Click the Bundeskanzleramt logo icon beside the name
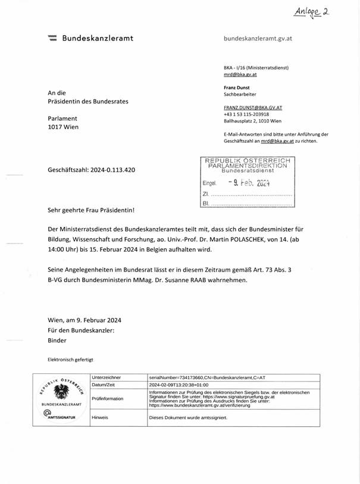tap(52, 39)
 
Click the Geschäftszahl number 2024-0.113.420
tap(111, 170)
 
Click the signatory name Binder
tap(57, 341)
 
